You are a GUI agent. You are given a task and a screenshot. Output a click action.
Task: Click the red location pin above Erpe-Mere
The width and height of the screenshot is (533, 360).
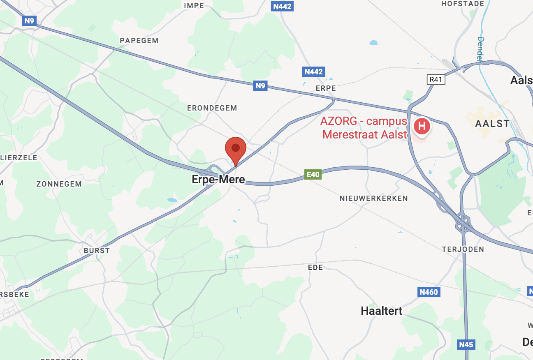tap(236, 149)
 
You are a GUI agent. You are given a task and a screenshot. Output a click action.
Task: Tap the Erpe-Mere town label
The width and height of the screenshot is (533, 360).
tap(218, 180)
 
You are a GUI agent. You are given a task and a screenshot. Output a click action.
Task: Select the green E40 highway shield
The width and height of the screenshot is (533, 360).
tap(313, 174)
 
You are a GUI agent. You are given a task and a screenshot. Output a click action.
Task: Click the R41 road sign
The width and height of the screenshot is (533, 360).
tap(436, 79)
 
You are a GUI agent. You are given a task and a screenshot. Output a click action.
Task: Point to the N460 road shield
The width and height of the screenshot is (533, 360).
tap(429, 292)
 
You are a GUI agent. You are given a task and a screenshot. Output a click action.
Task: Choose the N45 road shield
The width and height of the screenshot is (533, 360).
tap(466, 344)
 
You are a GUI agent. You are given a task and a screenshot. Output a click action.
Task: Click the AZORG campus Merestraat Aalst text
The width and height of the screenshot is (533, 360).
tap(364, 128)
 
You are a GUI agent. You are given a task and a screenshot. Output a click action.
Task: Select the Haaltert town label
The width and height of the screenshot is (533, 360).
tap(381, 311)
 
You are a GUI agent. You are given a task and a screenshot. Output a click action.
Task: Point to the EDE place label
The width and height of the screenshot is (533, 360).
tap(315, 268)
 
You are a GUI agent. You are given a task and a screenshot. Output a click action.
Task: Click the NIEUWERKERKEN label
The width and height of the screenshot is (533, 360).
tap(373, 198)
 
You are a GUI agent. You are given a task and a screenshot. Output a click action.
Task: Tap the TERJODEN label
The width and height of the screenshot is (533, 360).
tap(463, 249)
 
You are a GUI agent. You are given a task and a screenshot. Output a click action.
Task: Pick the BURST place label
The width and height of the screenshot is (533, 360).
tap(97, 250)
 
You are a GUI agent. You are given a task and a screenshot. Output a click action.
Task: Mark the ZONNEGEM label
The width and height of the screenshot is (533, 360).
tap(59, 184)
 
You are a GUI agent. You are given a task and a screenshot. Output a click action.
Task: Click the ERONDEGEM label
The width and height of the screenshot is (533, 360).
tap(212, 108)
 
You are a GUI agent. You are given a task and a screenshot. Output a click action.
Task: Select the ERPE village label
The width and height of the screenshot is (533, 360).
tap(326, 88)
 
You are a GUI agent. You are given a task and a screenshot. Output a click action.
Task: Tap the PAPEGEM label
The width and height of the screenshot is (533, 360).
tap(139, 41)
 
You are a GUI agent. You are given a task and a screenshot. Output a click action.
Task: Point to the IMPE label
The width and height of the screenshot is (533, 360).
tap(194, 5)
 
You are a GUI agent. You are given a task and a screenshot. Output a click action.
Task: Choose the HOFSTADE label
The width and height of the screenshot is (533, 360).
tap(463, 4)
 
